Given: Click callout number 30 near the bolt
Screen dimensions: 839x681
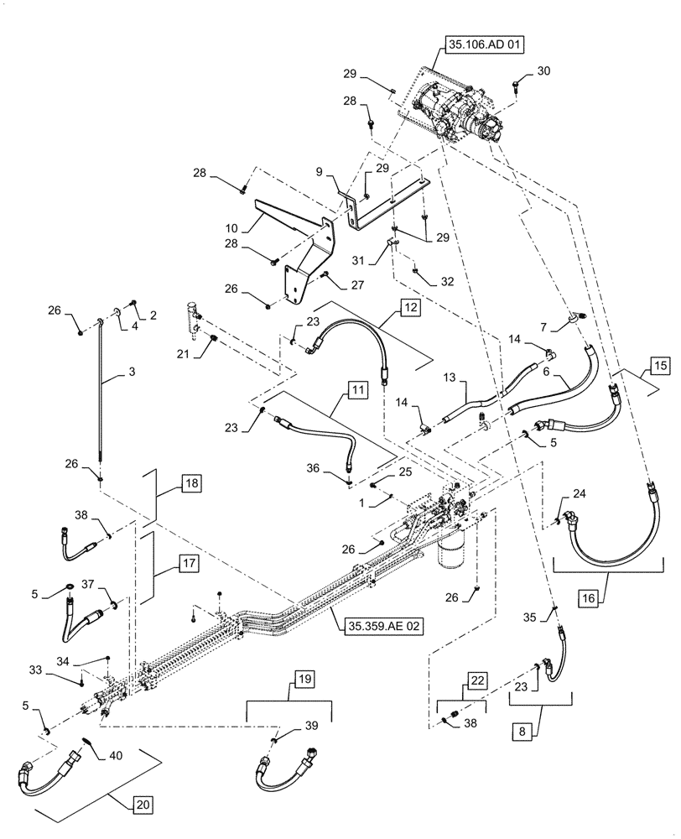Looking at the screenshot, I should [x=543, y=72].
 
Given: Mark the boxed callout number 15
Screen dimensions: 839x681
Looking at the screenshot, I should [x=660, y=366].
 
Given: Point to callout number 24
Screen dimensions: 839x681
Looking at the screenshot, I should [x=578, y=493].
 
